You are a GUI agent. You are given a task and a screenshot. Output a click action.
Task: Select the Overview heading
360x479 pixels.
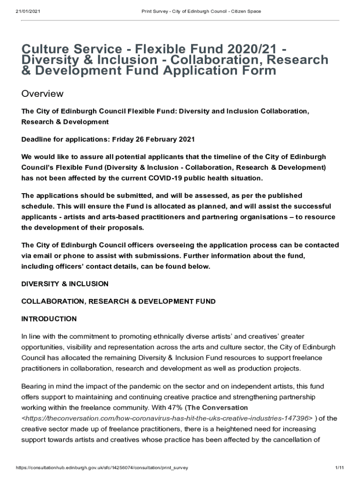pyautogui.click(x=43, y=94)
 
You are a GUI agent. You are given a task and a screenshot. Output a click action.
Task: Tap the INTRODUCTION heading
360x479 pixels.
pyautogui.click(x=49, y=319)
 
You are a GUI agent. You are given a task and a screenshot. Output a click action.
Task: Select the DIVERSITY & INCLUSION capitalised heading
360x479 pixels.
pyautogui.click(x=65, y=284)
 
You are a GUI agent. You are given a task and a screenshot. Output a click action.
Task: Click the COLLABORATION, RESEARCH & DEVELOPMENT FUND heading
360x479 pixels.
pyautogui.click(x=119, y=302)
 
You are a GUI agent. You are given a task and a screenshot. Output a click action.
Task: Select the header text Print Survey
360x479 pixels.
pyautogui.click(x=156, y=11)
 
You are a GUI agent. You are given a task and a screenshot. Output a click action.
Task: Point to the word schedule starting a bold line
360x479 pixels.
pyautogui.click(x=36, y=206)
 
